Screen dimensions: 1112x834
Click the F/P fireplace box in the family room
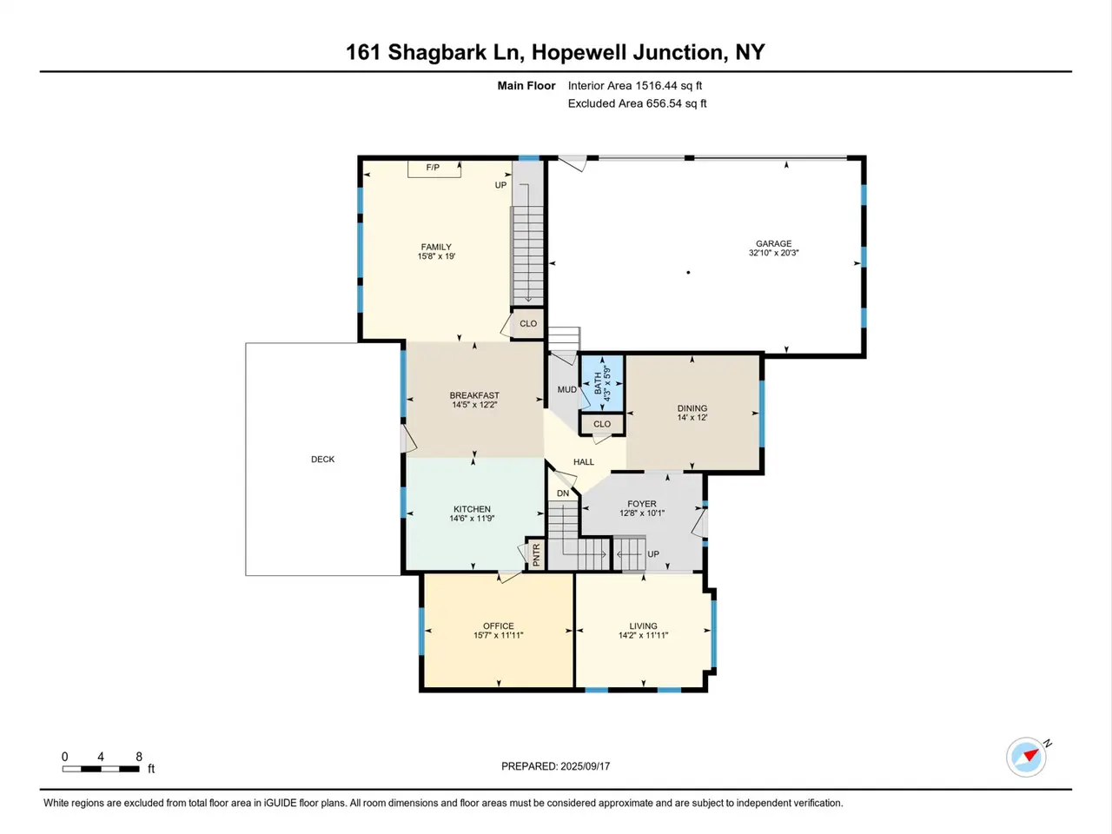[x=434, y=169]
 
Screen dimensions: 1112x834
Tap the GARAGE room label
[x=773, y=243]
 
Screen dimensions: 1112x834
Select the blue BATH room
[x=602, y=383]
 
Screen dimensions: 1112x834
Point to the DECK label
[x=322, y=460]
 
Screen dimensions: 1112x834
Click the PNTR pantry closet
[x=536, y=554]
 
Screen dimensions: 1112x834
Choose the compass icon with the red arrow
[x=1026, y=758]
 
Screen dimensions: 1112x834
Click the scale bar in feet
[x=101, y=769]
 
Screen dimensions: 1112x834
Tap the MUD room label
[x=567, y=389]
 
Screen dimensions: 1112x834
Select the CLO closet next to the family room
[x=527, y=323]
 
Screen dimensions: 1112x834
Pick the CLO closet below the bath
[x=602, y=424]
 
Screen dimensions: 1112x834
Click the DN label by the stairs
[x=563, y=493]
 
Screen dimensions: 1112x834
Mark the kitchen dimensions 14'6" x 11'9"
[x=472, y=519]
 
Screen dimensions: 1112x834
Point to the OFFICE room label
[x=498, y=625]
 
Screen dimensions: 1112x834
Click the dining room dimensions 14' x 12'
[x=692, y=418]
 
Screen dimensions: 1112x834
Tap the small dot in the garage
[x=688, y=273]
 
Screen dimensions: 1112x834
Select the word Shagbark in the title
[x=437, y=53]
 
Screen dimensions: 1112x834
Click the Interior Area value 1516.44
[x=656, y=86]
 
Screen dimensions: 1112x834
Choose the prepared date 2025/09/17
[x=586, y=766]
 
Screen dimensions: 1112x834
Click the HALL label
[x=584, y=462]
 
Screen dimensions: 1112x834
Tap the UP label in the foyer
[x=653, y=554]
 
